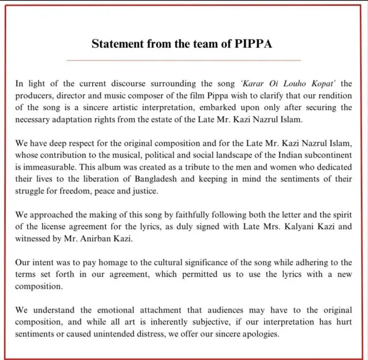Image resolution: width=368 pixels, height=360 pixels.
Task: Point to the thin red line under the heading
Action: (183, 60)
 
